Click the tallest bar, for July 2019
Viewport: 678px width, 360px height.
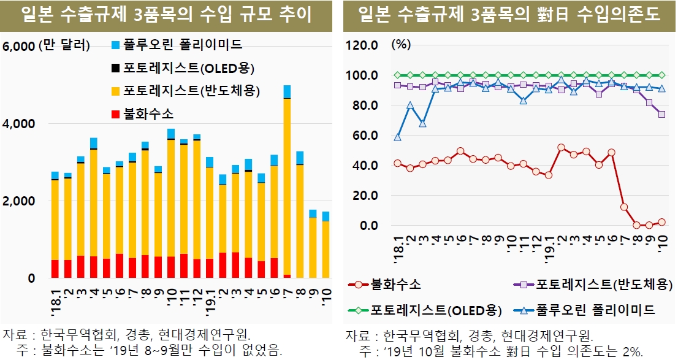pyautogui.click(x=287, y=184)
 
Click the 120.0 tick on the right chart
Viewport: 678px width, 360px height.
pyautogui.click(x=364, y=45)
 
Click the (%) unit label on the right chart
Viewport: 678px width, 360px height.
pyautogui.click(x=402, y=45)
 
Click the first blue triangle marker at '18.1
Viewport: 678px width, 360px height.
pyautogui.click(x=398, y=137)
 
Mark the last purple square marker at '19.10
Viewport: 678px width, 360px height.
pyautogui.click(x=662, y=114)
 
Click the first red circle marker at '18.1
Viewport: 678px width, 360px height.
pyautogui.click(x=398, y=163)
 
